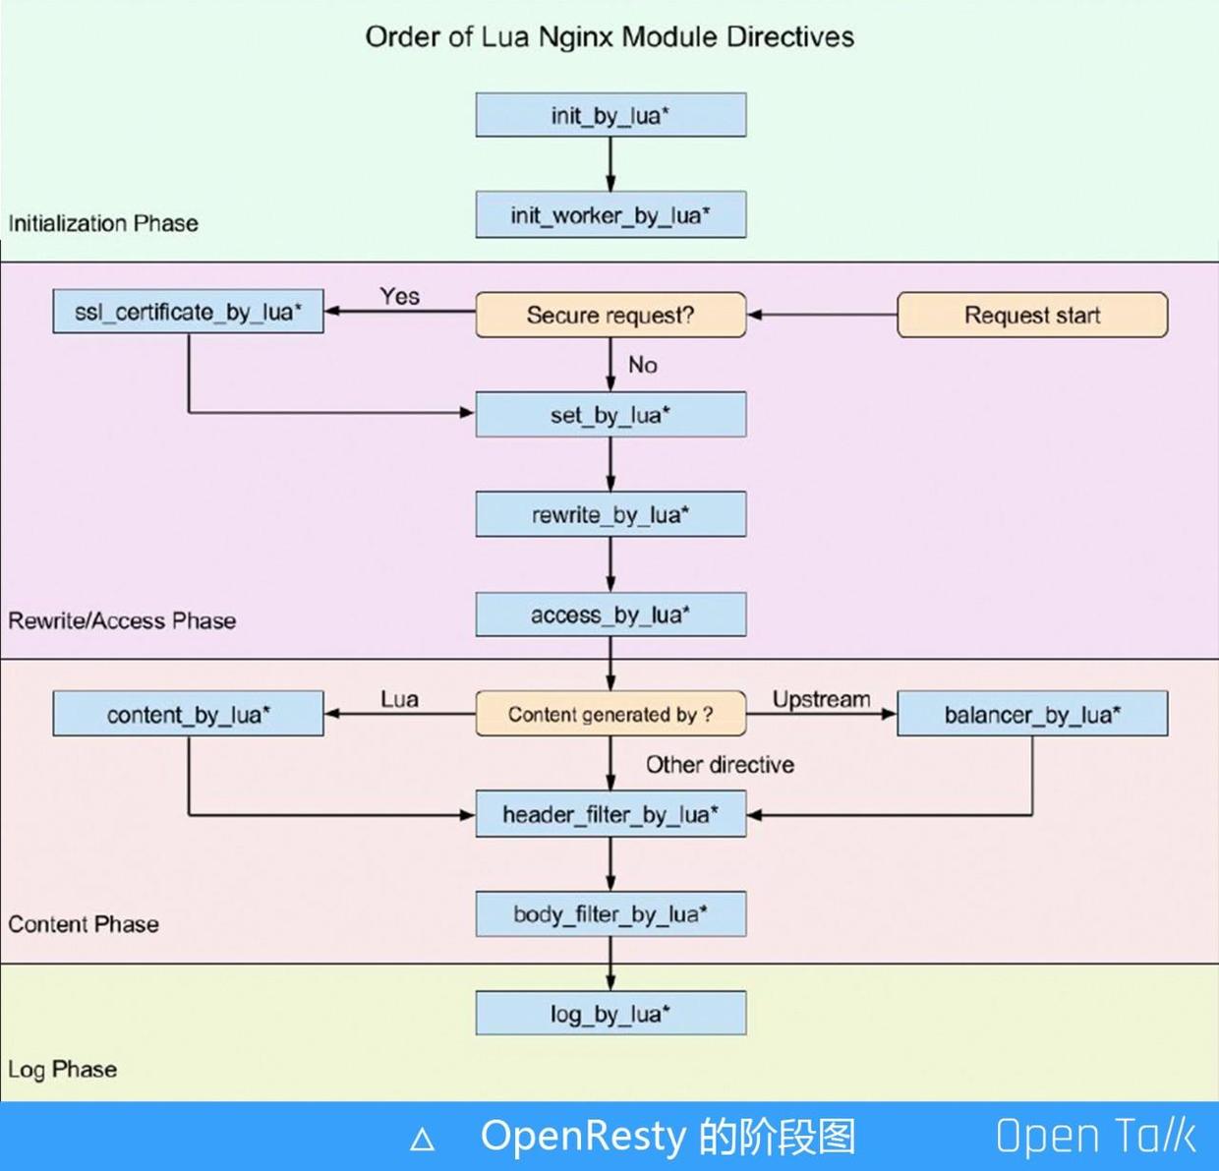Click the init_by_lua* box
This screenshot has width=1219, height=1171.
tap(610, 115)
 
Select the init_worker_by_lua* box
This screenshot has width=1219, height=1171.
tap(610, 214)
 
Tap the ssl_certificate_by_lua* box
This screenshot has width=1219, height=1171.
tap(188, 311)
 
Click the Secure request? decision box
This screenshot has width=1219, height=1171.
tap(610, 315)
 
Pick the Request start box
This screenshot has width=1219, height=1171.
tap(1032, 315)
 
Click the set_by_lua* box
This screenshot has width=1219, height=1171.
tap(610, 414)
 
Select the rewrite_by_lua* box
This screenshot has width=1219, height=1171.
tap(610, 514)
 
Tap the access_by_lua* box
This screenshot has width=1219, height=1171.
tap(610, 614)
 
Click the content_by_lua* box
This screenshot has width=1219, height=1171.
tap(188, 713)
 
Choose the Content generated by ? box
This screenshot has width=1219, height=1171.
tap(610, 713)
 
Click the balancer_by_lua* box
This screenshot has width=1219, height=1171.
tap(1032, 713)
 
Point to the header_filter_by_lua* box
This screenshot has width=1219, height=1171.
tap(610, 814)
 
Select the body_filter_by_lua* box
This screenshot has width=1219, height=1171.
tap(610, 913)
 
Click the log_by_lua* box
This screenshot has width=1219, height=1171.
tap(610, 1013)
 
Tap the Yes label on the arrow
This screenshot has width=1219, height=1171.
tap(400, 296)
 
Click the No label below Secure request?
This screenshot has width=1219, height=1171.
tap(643, 365)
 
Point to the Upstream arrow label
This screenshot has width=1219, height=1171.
tap(821, 699)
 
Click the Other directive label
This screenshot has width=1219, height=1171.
tap(720, 764)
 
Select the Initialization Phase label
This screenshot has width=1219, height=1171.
tap(103, 223)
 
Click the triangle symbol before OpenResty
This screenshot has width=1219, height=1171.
tap(422, 1139)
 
